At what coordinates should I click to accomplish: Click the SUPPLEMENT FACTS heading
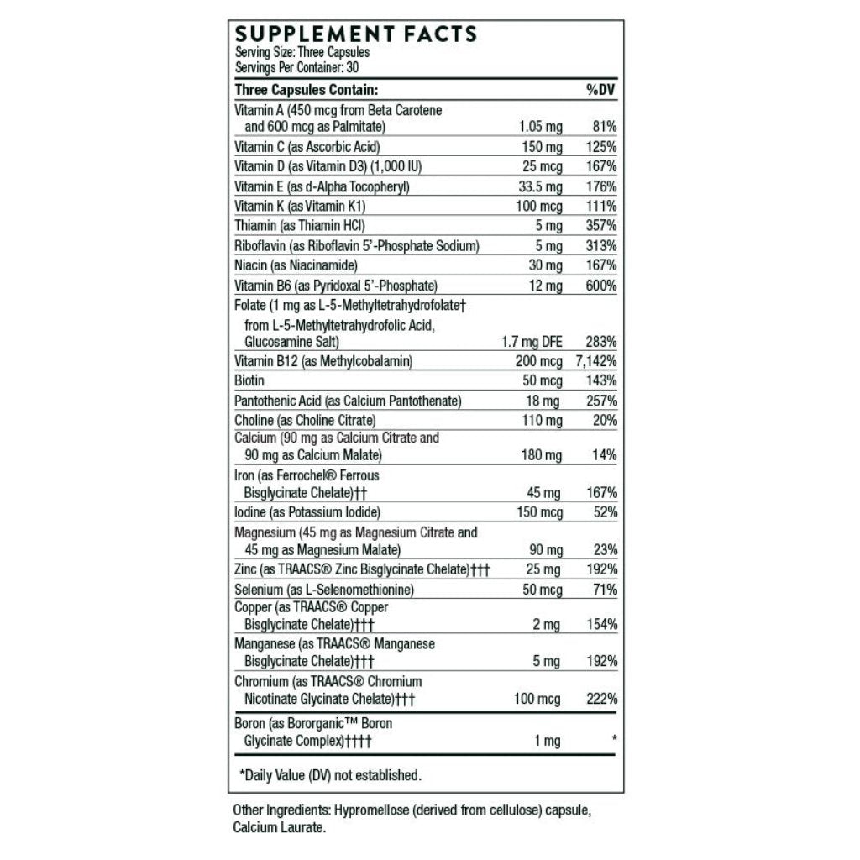[355, 35]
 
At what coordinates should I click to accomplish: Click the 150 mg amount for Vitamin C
[542, 146]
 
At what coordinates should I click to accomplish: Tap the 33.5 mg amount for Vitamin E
[539, 186]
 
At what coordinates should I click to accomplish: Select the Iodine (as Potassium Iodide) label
[308, 512]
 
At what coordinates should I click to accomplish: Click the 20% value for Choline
[606, 420]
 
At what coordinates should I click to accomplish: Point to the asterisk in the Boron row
[615, 739]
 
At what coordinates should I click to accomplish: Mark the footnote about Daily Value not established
[330, 775]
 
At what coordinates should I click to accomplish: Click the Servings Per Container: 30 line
[291, 67]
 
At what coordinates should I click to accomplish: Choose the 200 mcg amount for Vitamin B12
[538, 361]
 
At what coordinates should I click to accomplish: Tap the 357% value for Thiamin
[603, 226]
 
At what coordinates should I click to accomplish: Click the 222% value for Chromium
[603, 698]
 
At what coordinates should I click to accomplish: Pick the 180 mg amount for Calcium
[542, 455]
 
